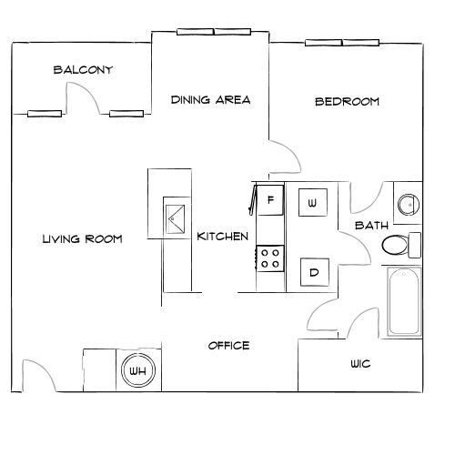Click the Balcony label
point(83,70)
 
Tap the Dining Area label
point(210,99)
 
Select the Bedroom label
point(347,101)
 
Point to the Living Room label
point(82,239)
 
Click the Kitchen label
point(223,237)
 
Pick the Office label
point(228,346)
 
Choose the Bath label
point(371,225)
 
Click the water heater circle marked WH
point(138,371)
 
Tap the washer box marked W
point(312,202)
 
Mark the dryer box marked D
point(313,271)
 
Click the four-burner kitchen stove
point(270,258)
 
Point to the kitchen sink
point(174,217)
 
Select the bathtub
point(404,302)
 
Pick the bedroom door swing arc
point(286,155)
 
